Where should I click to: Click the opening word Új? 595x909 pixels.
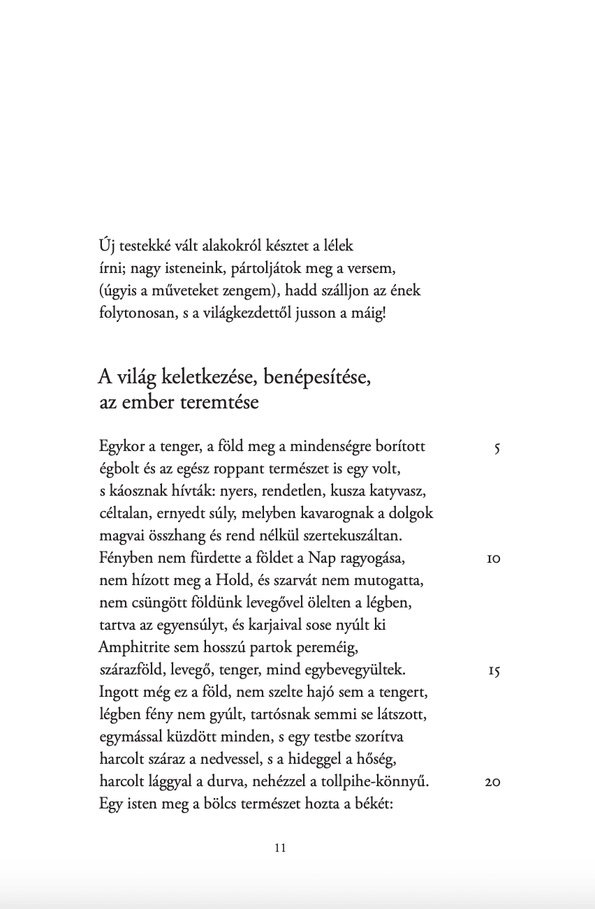[x=107, y=246]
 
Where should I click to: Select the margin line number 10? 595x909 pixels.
[x=493, y=559]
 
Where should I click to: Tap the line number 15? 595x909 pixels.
[x=494, y=671]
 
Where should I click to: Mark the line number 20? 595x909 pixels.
[x=492, y=783]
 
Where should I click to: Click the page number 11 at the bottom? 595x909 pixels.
[x=281, y=848]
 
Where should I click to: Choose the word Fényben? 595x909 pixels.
[x=123, y=559]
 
